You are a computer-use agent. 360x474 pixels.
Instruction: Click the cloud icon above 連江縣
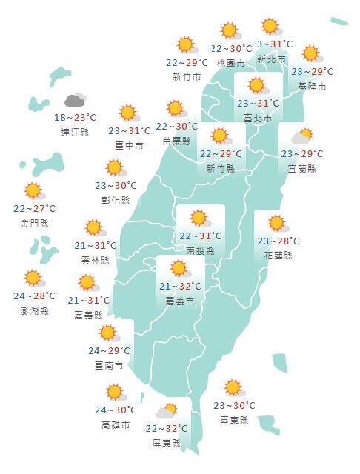[x=75, y=100]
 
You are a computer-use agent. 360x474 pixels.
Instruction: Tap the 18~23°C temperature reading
[x=75, y=118]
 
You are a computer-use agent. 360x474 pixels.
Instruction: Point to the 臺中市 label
[x=129, y=146]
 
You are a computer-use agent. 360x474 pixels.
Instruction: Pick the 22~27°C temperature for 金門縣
[x=34, y=208]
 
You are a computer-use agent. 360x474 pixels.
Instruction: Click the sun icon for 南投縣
[x=199, y=218]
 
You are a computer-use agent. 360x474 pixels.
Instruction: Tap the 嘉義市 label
[x=180, y=301]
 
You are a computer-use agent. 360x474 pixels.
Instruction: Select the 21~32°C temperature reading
[x=180, y=287]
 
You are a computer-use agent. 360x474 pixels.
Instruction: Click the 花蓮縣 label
[x=279, y=256]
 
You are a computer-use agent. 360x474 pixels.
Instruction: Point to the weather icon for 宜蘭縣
[x=301, y=136]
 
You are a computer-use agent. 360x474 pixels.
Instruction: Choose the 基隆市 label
[x=312, y=87]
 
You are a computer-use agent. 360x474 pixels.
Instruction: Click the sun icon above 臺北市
[x=257, y=85]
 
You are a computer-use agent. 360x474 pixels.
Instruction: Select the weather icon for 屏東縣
[x=167, y=410]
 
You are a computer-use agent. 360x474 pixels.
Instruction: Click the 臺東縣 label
[x=234, y=420]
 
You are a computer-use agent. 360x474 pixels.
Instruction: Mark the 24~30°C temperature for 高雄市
[x=116, y=410]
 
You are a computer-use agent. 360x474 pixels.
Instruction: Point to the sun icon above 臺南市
[x=110, y=333]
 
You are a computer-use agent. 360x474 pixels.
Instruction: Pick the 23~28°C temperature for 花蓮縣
[x=279, y=241]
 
